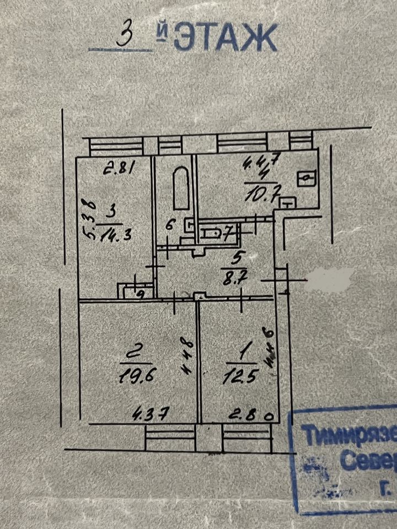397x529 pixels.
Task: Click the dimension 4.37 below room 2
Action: [143, 412]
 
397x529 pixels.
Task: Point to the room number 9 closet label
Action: [140, 294]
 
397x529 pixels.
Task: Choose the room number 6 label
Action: [169, 224]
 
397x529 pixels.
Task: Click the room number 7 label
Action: [226, 233]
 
